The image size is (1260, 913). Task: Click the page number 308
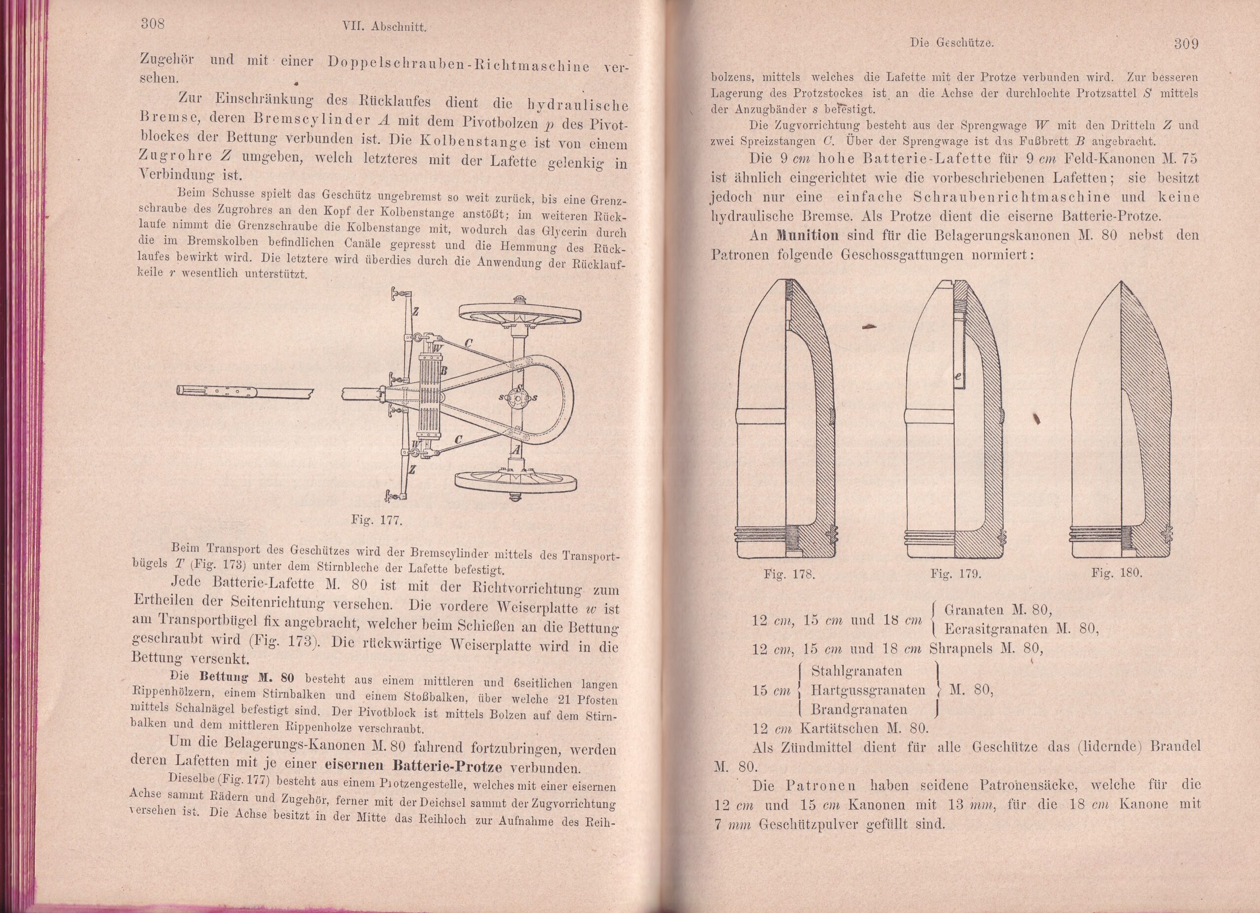151,24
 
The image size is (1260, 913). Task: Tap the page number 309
1186,44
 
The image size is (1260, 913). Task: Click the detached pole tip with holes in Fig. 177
245,391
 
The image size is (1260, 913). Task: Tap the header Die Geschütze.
952,42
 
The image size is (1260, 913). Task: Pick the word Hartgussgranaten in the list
868,690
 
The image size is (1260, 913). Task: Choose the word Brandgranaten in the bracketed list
859,709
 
